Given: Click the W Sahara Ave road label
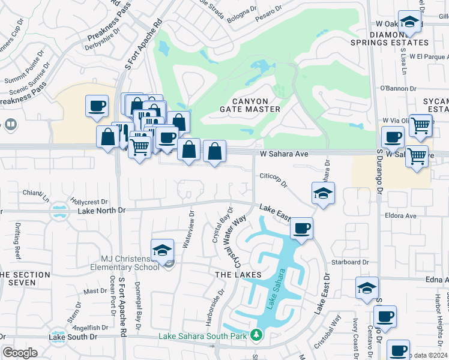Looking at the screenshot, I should [x=284, y=154].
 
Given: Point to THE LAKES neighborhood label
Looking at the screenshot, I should [x=238, y=274].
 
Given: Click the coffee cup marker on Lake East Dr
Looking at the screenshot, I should [x=301, y=229].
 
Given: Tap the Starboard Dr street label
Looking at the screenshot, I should [x=348, y=262].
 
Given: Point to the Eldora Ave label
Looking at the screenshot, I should [x=401, y=215].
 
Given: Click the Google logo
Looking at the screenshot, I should [x=20, y=352].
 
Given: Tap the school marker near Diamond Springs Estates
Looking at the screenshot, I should [x=410, y=23].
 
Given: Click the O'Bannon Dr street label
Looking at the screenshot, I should [x=398, y=88].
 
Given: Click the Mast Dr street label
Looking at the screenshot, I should [x=95, y=291].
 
